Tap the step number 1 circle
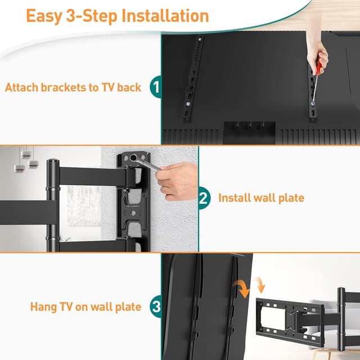tap(156, 88)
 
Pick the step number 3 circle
tap(156, 307)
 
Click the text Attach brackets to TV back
tap(73, 88)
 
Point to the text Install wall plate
tap(261, 198)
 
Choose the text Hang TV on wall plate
tap(85, 307)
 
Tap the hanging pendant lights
tap(26, 160)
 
